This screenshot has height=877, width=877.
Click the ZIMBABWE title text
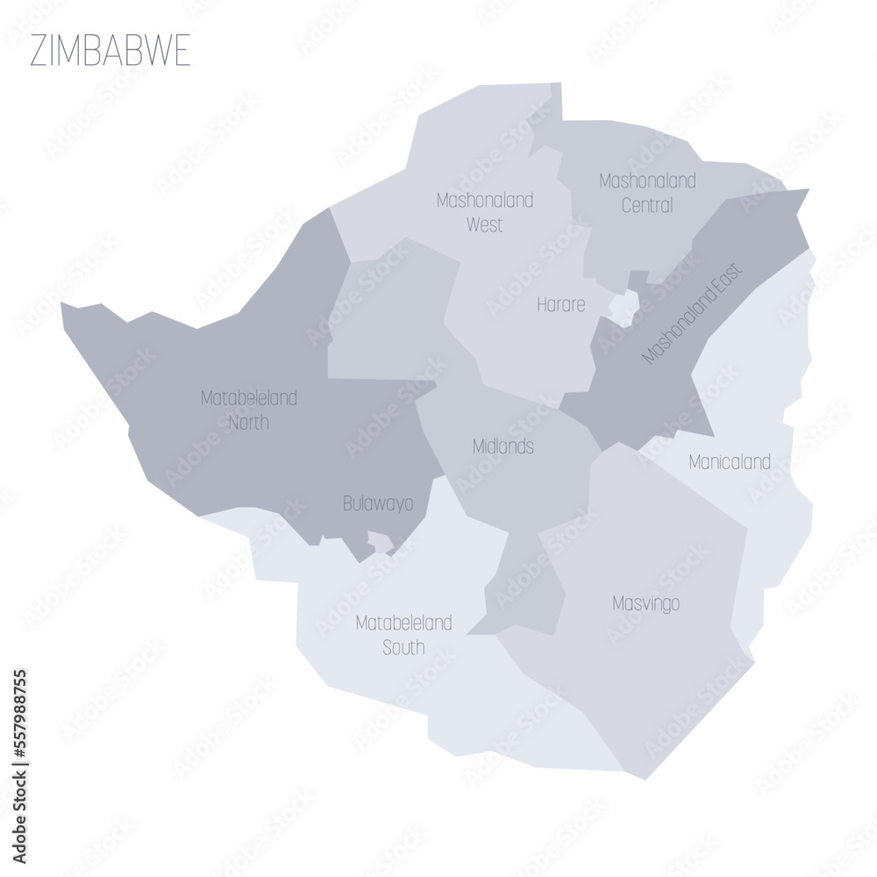pos(110,52)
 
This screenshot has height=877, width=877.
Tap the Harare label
pos(561,305)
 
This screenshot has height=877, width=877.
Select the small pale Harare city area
pos(624,308)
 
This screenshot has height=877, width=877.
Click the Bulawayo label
pos(377,504)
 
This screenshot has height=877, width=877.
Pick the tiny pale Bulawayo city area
pos(381,542)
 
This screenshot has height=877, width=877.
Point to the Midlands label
pos(503,446)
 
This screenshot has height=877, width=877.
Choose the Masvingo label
pos(646,603)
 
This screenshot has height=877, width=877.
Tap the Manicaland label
pos(730,461)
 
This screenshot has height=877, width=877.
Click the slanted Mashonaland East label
pos(692,313)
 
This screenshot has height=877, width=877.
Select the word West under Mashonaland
pos(484,225)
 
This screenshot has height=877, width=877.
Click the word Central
pos(647,206)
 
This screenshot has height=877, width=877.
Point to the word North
pos(249,423)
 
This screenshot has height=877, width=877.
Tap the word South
pos(403,648)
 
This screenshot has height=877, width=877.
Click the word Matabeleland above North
pos(249,398)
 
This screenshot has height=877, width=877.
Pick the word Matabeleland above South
pos(403,624)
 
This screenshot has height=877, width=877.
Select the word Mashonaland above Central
pos(647,181)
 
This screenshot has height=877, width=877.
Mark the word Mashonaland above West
pos(484,200)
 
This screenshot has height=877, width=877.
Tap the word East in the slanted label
pos(728,277)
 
